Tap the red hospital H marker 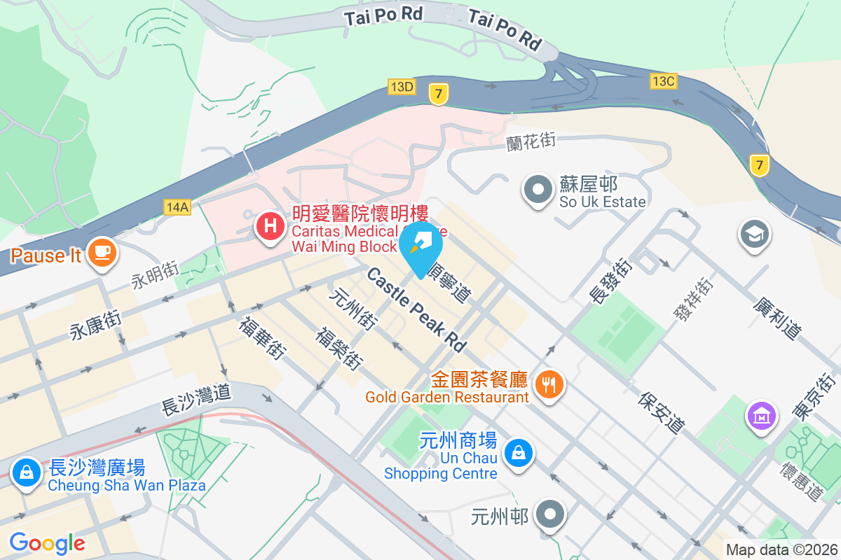click(269, 227)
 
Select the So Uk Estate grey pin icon click(539, 189)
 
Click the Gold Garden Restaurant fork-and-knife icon click(549, 384)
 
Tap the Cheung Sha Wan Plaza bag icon click(26, 472)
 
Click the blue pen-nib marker click(421, 244)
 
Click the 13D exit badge click(402, 87)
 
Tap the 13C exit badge click(662, 81)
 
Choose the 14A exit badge click(177, 207)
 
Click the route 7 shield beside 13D click(439, 94)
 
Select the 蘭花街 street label click(531, 141)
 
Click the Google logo click(47, 543)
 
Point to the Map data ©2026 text click(781, 550)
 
